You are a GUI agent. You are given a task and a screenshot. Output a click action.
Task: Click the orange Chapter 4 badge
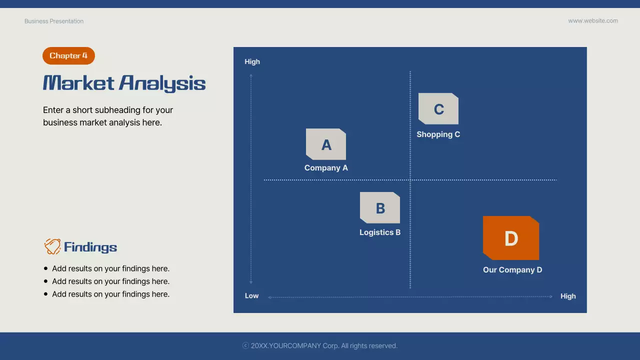(x=68, y=56)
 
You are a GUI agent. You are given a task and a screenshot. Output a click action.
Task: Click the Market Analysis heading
(x=124, y=83)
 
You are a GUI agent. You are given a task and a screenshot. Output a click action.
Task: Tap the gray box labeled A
(x=326, y=144)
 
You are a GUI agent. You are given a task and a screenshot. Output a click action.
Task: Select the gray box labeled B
(x=380, y=208)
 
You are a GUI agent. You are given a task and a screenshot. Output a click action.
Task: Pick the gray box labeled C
(x=438, y=109)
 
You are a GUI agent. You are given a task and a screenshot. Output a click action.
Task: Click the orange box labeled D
(x=511, y=238)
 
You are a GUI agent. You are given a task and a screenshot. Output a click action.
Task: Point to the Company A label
(x=326, y=168)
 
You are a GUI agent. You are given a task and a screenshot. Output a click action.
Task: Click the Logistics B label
(x=380, y=232)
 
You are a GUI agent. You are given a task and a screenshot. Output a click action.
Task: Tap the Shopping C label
(x=438, y=134)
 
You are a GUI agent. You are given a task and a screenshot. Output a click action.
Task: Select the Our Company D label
(x=512, y=270)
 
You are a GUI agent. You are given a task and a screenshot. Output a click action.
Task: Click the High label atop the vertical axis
(x=252, y=62)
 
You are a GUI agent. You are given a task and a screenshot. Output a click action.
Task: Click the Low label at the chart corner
(x=251, y=296)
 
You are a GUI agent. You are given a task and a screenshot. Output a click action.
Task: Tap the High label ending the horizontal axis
(x=568, y=296)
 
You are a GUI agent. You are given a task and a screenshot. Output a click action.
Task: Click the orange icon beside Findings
(x=52, y=246)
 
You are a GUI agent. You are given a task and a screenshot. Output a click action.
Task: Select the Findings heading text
(x=90, y=247)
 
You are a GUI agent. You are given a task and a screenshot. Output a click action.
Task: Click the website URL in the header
(x=593, y=21)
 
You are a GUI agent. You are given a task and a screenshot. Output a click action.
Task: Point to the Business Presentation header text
(x=54, y=21)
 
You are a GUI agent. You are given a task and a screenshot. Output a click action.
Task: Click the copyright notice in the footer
(x=320, y=346)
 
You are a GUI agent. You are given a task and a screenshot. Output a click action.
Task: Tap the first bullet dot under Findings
(x=46, y=268)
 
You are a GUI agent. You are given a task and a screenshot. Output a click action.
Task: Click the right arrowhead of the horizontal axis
(x=551, y=296)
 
